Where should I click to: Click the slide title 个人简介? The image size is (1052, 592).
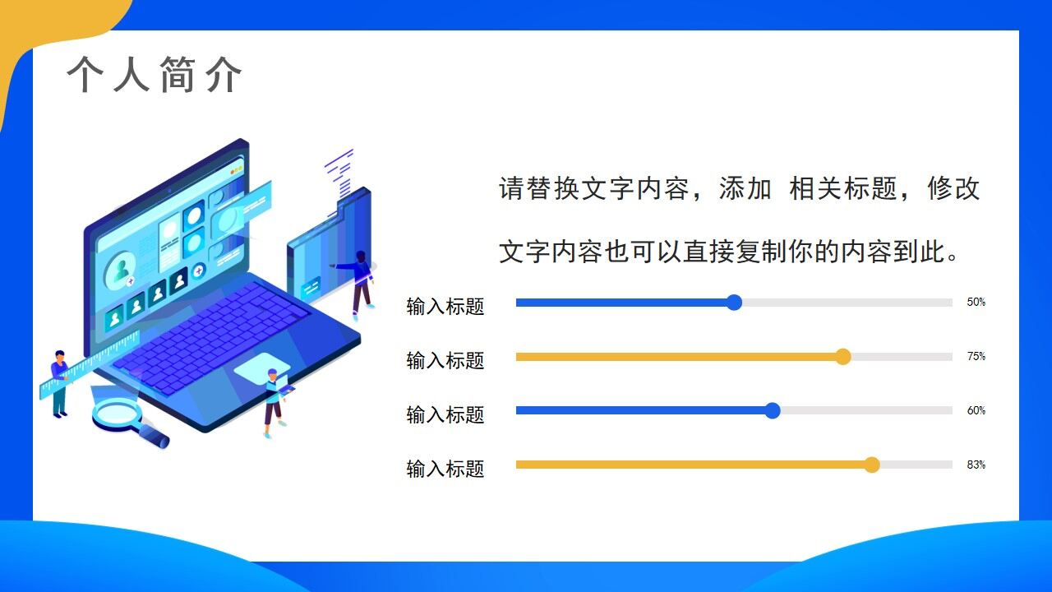click(155, 76)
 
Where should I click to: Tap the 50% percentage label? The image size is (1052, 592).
click(976, 303)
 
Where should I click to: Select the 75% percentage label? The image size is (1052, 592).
click(976, 357)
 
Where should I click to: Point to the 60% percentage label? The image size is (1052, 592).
click(976, 411)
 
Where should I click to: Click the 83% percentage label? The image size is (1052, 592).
click(976, 465)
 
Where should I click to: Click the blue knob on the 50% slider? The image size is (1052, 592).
click(735, 303)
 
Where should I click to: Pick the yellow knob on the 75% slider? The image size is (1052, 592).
click(842, 357)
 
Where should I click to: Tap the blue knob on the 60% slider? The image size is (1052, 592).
click(773, 411)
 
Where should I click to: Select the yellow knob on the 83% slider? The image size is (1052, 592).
click(872, 465)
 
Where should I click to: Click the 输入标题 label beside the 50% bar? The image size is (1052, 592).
click(445, 307)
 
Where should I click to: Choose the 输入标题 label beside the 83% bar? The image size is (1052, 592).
click(445, 469)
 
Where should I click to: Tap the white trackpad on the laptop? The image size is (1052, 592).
click(261, 368)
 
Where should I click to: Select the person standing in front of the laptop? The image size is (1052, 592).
click(274, 403)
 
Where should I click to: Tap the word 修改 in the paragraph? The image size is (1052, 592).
click(953, 189)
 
